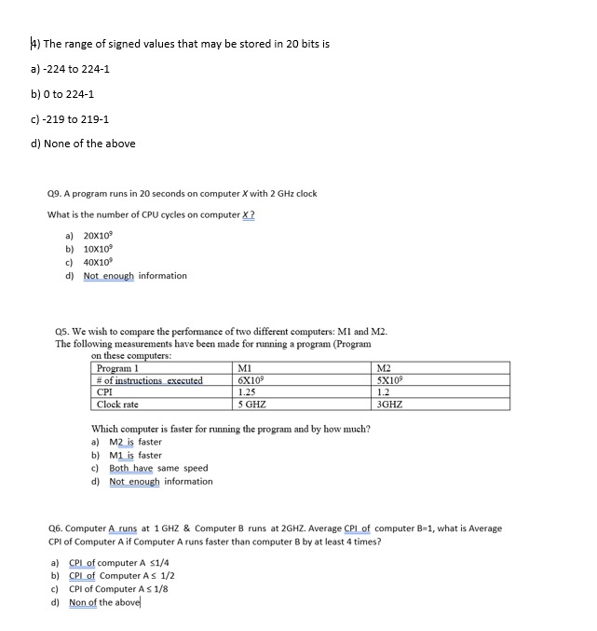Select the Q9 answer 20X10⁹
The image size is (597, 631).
coord(99,237)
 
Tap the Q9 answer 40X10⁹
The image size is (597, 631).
coord(99,263)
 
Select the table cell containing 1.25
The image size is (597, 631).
coord(248,392)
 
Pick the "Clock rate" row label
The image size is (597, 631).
coord(117,405)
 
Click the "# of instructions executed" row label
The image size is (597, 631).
coord(149,380)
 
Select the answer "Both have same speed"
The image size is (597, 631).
coord(157,468)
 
